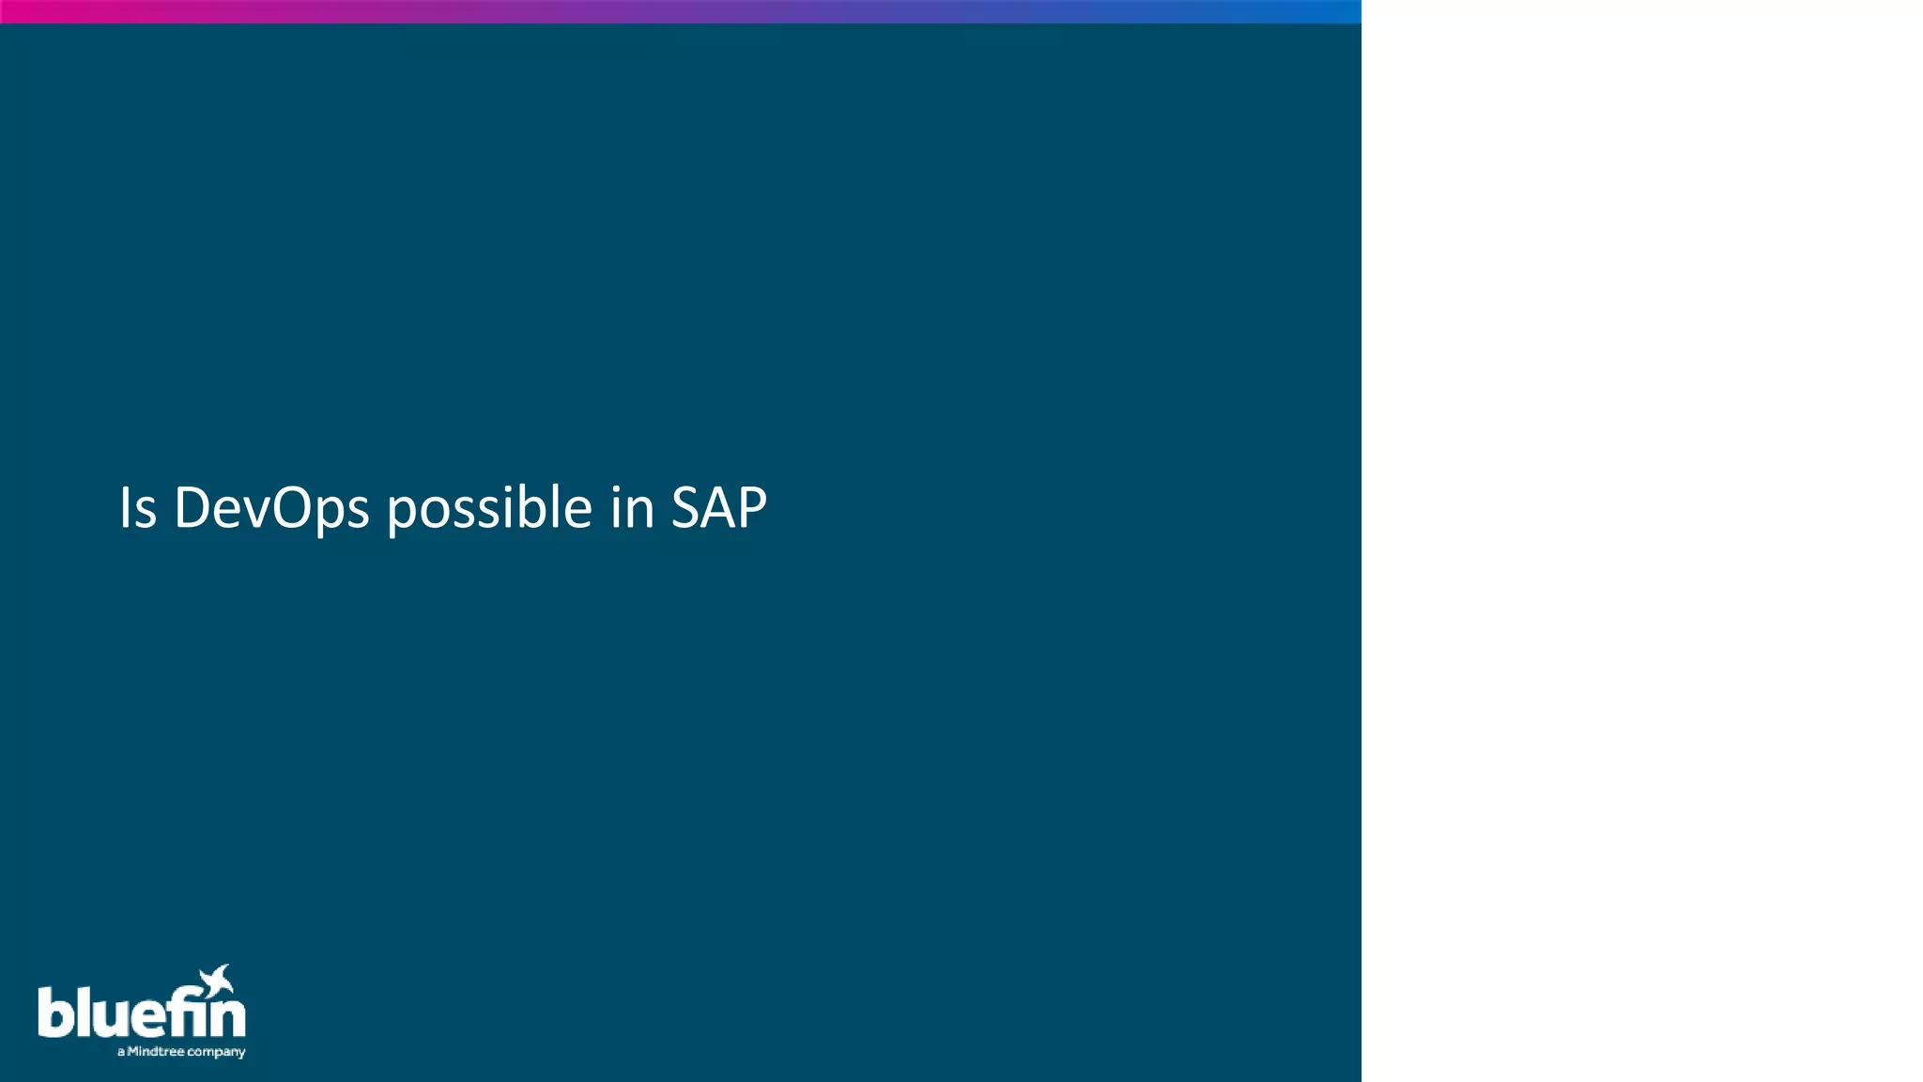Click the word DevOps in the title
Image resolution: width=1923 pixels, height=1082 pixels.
coord(271,508)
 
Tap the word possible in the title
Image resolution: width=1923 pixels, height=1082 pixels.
coord(489,508)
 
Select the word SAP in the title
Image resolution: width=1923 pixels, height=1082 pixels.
coord(719,508)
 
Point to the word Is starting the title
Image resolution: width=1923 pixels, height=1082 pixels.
coord(137,508)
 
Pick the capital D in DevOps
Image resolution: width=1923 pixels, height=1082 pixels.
coord(192,508)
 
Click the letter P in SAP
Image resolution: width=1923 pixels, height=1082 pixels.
coord(751,508)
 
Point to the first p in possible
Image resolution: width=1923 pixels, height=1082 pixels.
coord(402,514)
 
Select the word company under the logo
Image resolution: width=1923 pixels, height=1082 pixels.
coord(216,1052)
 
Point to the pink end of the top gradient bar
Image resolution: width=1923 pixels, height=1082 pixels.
coord(14,11)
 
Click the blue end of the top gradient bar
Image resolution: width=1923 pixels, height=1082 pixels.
coord(1347,11)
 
